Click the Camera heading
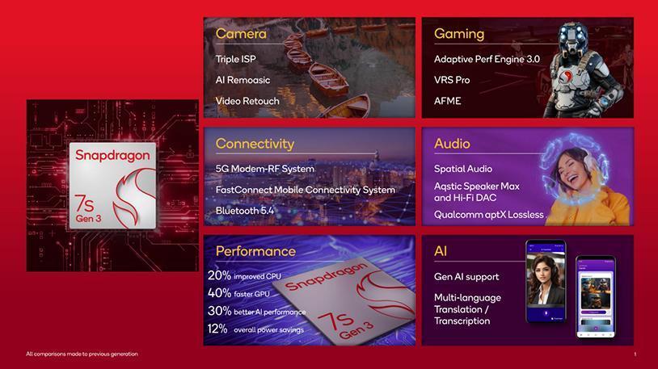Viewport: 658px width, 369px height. (241, 34)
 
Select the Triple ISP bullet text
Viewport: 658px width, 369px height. (236, 59)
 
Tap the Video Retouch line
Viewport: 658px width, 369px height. (247, 101)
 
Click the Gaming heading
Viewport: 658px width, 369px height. (459, 34)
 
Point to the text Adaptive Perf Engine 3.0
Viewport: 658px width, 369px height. (487, 59)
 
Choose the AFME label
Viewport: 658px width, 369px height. (447, 101)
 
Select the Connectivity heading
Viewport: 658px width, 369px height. (255, 144)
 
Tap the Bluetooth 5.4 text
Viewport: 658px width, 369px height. (245, 211)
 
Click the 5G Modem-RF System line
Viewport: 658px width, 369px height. (265, 169)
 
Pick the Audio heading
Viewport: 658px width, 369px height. (452, 144)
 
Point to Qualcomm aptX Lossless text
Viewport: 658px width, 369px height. (489, 215)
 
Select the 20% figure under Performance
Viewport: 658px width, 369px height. (219, 275)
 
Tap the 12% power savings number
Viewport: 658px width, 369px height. (217, 329)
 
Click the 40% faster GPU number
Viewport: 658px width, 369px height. (219, 293)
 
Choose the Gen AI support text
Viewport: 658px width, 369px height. (466, 277)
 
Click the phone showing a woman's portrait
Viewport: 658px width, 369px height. (546, 281)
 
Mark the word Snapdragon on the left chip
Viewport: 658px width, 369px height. (112, 156)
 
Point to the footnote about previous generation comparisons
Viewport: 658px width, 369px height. (82, 354)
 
